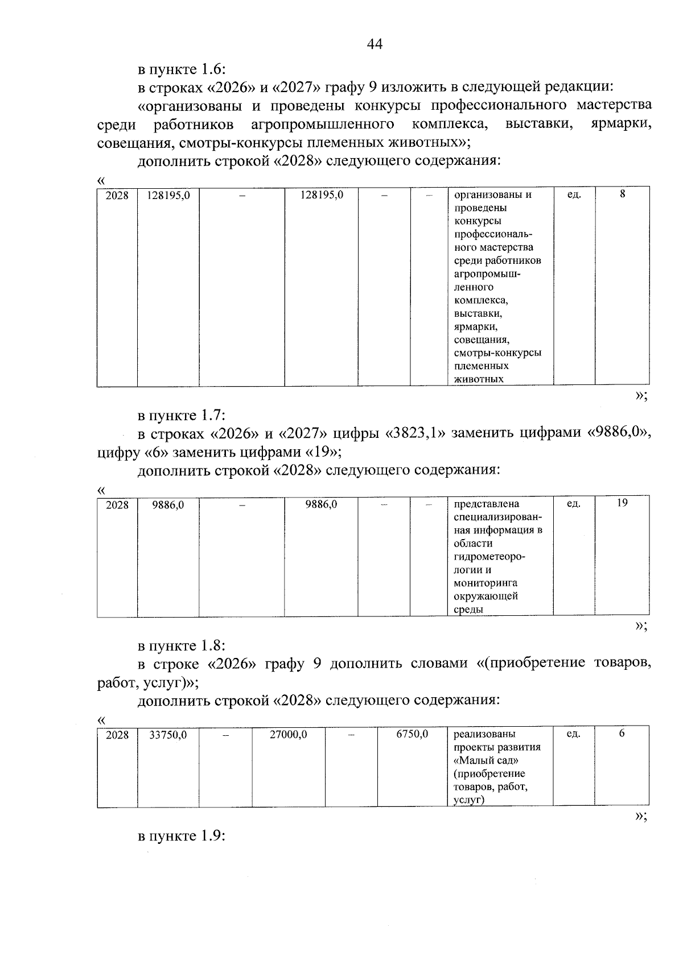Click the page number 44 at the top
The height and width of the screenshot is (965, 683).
(375, 44)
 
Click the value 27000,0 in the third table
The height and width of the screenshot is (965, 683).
(288, 734)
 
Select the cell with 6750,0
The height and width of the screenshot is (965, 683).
(412, 734)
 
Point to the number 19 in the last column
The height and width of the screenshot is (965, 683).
(622, 503)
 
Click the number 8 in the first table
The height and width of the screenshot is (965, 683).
(622, 194)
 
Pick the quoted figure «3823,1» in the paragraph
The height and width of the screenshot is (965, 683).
(418, 434)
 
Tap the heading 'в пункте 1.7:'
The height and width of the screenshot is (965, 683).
(182, 416)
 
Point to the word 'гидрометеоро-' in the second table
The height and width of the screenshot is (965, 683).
(489, 557)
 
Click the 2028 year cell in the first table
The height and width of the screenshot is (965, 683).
(117, 195)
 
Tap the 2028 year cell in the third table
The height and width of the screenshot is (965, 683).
(117, 735)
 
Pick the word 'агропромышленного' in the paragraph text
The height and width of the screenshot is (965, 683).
(323, 123)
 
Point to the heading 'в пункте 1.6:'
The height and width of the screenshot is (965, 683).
(182, 69)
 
